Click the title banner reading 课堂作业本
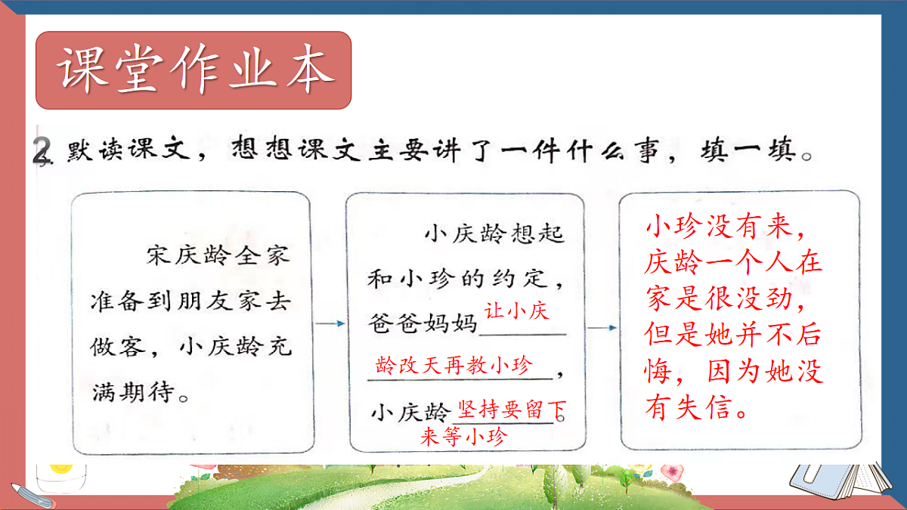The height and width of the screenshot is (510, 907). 194,70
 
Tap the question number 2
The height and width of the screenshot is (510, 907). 42,150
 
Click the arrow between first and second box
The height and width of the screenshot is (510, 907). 330,324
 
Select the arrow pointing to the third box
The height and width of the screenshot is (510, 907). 602,328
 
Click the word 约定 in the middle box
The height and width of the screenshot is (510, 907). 533,279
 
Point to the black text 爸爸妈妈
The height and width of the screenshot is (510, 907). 424,323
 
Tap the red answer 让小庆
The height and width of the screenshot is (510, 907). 516,311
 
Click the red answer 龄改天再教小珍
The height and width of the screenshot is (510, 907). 453,367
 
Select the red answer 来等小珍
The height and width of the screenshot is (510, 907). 463,437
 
